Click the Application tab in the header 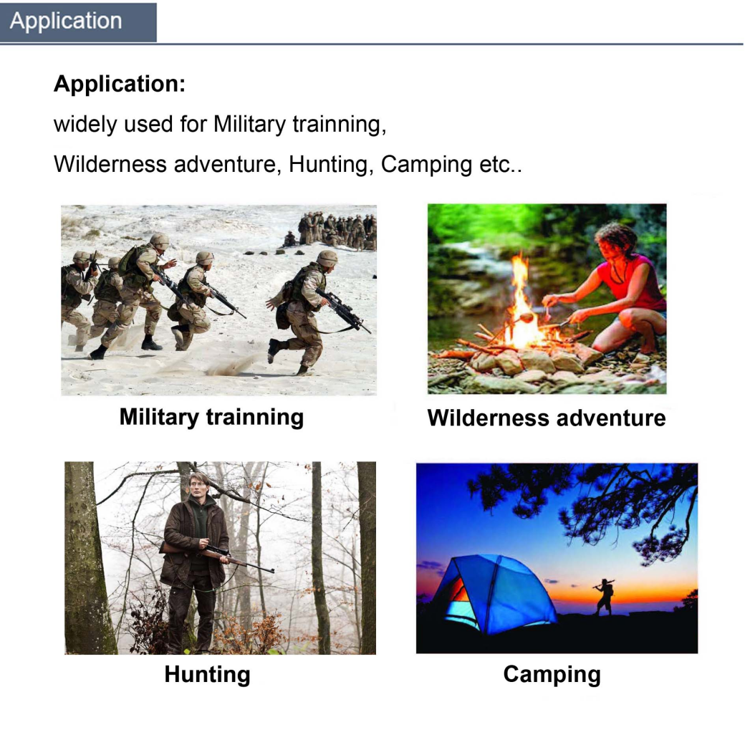click(78, 22)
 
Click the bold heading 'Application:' click(119, 84)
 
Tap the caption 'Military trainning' click(211, 417)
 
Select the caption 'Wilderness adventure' click(547, 418)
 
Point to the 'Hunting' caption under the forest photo click(207, 675)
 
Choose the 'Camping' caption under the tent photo click(552, 675)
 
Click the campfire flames click(523, 304)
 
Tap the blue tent click(494, 594)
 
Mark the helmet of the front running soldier click(327, 258)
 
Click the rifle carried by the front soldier click(343, 311)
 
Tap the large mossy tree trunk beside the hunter click(88, 558)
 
